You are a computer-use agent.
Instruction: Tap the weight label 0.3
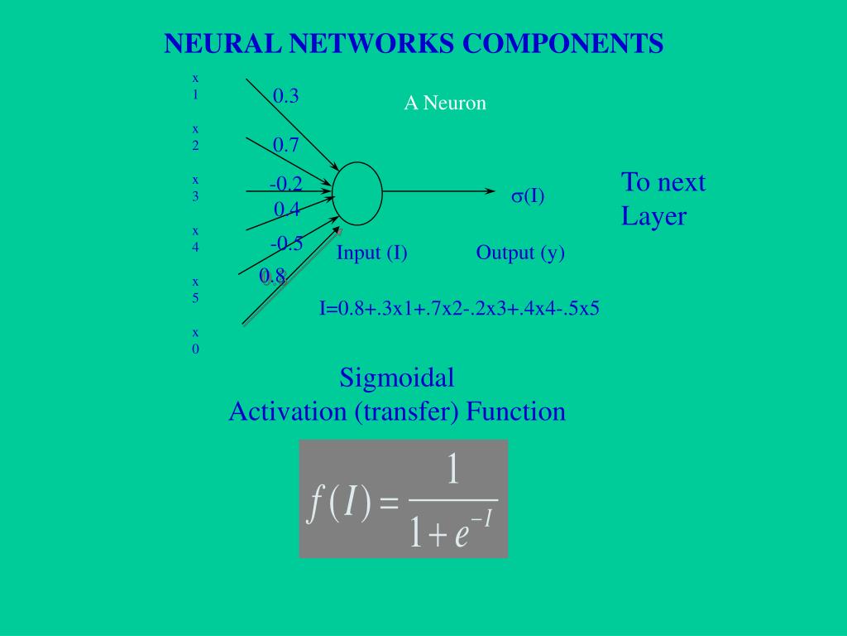pyautogui.click(x=285, y=96)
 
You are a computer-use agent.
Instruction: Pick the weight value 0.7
pyautogui.click(x=285, y=145)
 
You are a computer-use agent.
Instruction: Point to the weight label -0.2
pyautogui.click(x=285, y=184)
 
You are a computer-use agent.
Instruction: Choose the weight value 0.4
pyautogui.click(x=286, y=210)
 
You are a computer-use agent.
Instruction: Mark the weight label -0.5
pyautogui.click(x=286, y=243)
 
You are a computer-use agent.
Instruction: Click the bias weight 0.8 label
pyautogui.click(x=272, y=276)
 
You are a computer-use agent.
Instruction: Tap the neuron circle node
pyautogui.click(x=357, y=193)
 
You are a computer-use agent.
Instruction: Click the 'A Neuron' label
pyautogui.click(x=445, y=104)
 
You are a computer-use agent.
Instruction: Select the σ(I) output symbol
pyautogui.click(x=528, y=196)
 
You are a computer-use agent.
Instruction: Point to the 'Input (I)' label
pyautogui.click(x=371, y=253)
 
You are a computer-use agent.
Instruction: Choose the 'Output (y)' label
pyautogui.click(x=520, y=253)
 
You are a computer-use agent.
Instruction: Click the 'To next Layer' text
pyautogui.click(x=663, y=200)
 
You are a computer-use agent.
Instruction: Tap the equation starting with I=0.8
pyautogui.click(x=459, y=310)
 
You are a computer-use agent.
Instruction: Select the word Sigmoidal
pyautogui.click(x=397, y=378)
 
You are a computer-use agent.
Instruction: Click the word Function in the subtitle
pyautogui.click(x=515, y=412)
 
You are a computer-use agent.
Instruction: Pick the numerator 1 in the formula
pyautogui.click(x=452, y=470)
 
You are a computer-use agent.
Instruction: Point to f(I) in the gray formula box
pyautogui.click(x=340, y=503)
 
